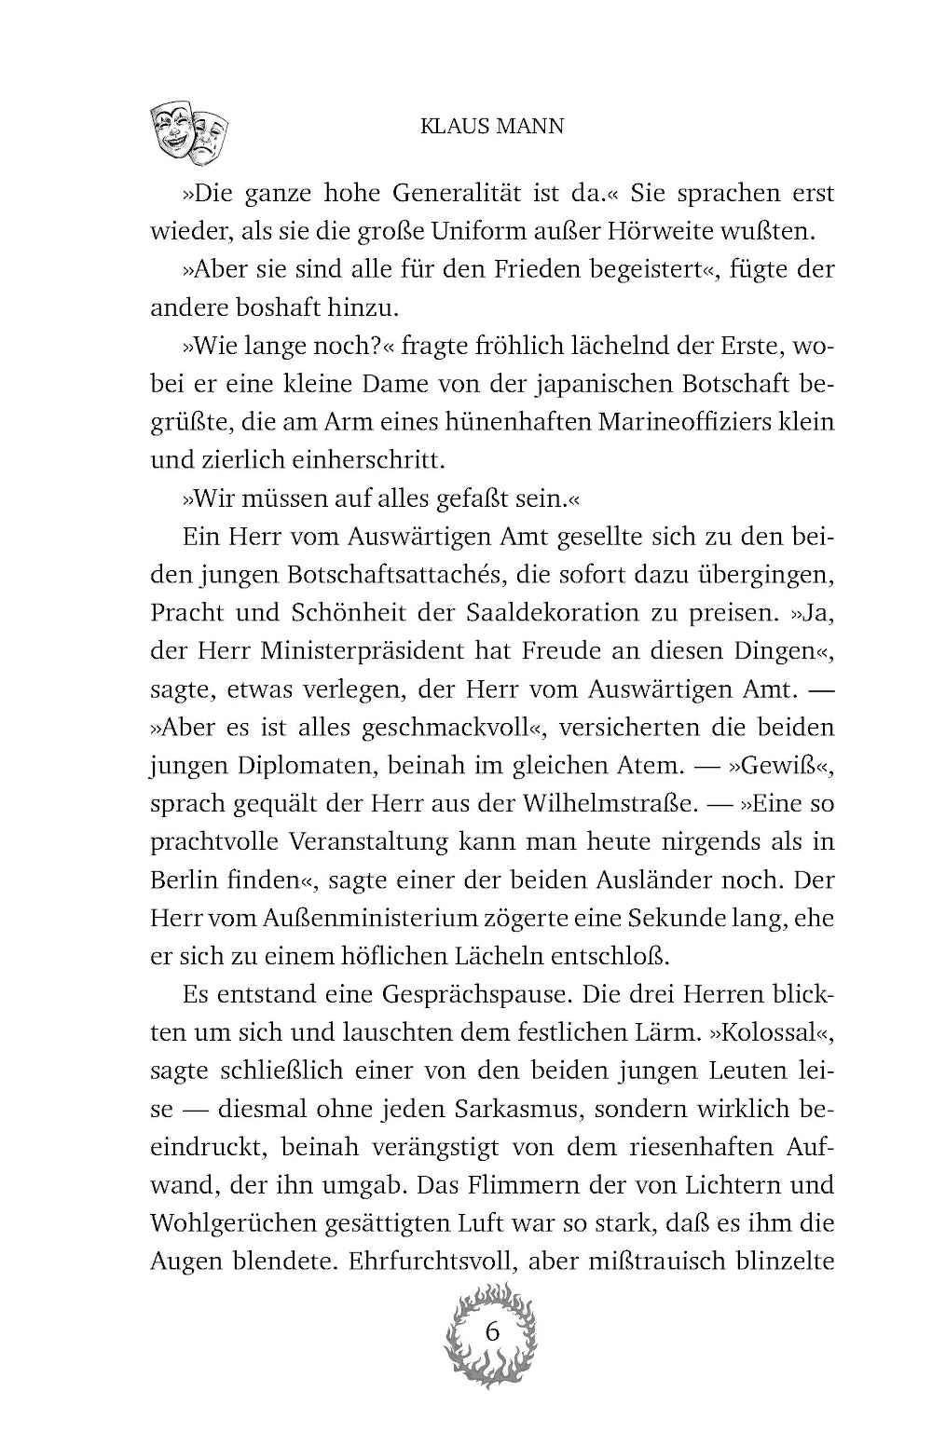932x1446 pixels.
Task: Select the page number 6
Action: [493, 1331]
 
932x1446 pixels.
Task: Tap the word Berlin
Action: [185, 880]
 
